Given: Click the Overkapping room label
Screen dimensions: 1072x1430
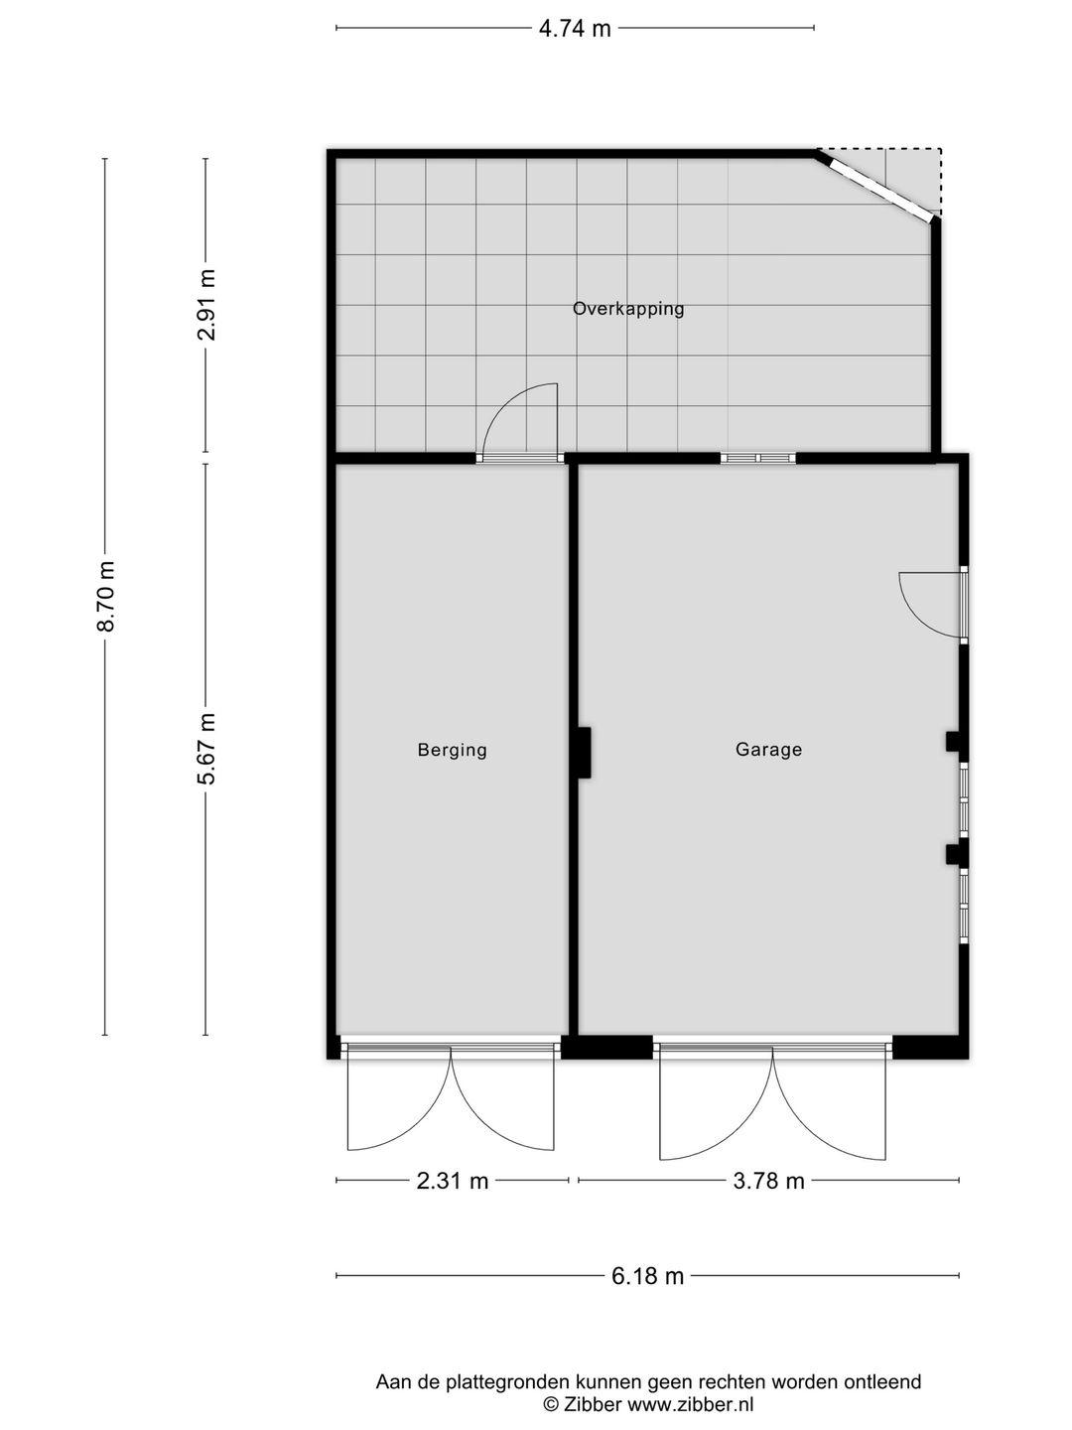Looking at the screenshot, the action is (x=628, y=308).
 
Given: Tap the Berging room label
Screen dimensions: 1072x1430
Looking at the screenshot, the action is (x=453, y=750).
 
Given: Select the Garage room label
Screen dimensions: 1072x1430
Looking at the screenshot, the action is (x=768, y=749).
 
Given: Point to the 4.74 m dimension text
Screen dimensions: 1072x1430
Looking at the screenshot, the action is (x=575, y=29).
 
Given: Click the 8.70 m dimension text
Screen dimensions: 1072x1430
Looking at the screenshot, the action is (x=106, y=596).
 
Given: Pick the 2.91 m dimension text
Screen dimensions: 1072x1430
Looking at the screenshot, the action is (x=207, y=305).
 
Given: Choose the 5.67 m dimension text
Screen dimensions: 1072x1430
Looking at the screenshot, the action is (x=207, y=748).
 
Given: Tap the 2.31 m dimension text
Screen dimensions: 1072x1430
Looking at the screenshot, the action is (x=453, y=1181).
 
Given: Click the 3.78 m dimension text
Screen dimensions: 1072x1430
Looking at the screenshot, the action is (x=768, y=1181).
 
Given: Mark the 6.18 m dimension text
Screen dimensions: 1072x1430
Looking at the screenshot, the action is (x=647, y=1276).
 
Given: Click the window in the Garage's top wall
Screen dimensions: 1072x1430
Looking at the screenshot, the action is (x=758, y=458).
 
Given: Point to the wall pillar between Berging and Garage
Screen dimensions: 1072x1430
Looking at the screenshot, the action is (x=584, y=753).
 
